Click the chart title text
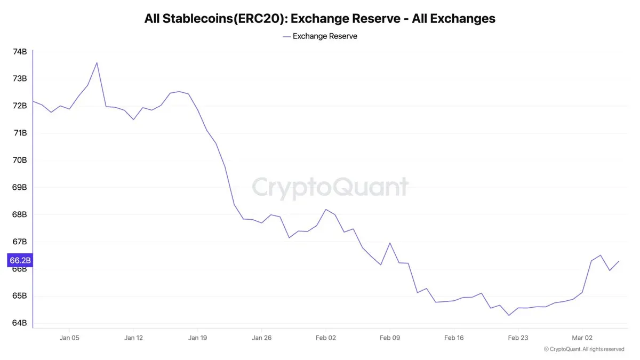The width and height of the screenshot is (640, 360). click(319, 19)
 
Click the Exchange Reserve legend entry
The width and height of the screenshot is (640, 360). click(320, 36)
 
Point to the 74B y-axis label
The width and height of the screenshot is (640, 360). click(20, 52)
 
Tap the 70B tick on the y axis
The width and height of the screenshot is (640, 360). click(20, 160)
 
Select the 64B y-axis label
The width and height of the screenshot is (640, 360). click(20, 323)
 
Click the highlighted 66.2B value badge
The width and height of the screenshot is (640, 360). click(20, 261)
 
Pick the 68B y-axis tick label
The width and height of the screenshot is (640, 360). click(20, 214)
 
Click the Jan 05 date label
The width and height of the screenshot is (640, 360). click(69, 338)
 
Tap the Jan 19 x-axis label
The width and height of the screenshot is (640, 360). click(197, 338)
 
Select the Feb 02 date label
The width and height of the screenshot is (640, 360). click(325, 338)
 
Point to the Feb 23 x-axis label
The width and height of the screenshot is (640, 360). click(517, 338)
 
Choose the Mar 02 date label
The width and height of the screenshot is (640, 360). click(581, 338)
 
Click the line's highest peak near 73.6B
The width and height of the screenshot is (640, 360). click(97, 62)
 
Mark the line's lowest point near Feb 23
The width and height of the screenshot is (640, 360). click(509, 315)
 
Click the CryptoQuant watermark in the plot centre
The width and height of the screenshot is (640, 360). click(330, 188)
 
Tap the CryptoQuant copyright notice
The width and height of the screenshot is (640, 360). click(583, 349)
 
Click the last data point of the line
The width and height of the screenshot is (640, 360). click(619, 261)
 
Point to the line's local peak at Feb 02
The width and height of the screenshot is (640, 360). click(325, 210)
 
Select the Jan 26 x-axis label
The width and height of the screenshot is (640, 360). click(261, 338)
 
